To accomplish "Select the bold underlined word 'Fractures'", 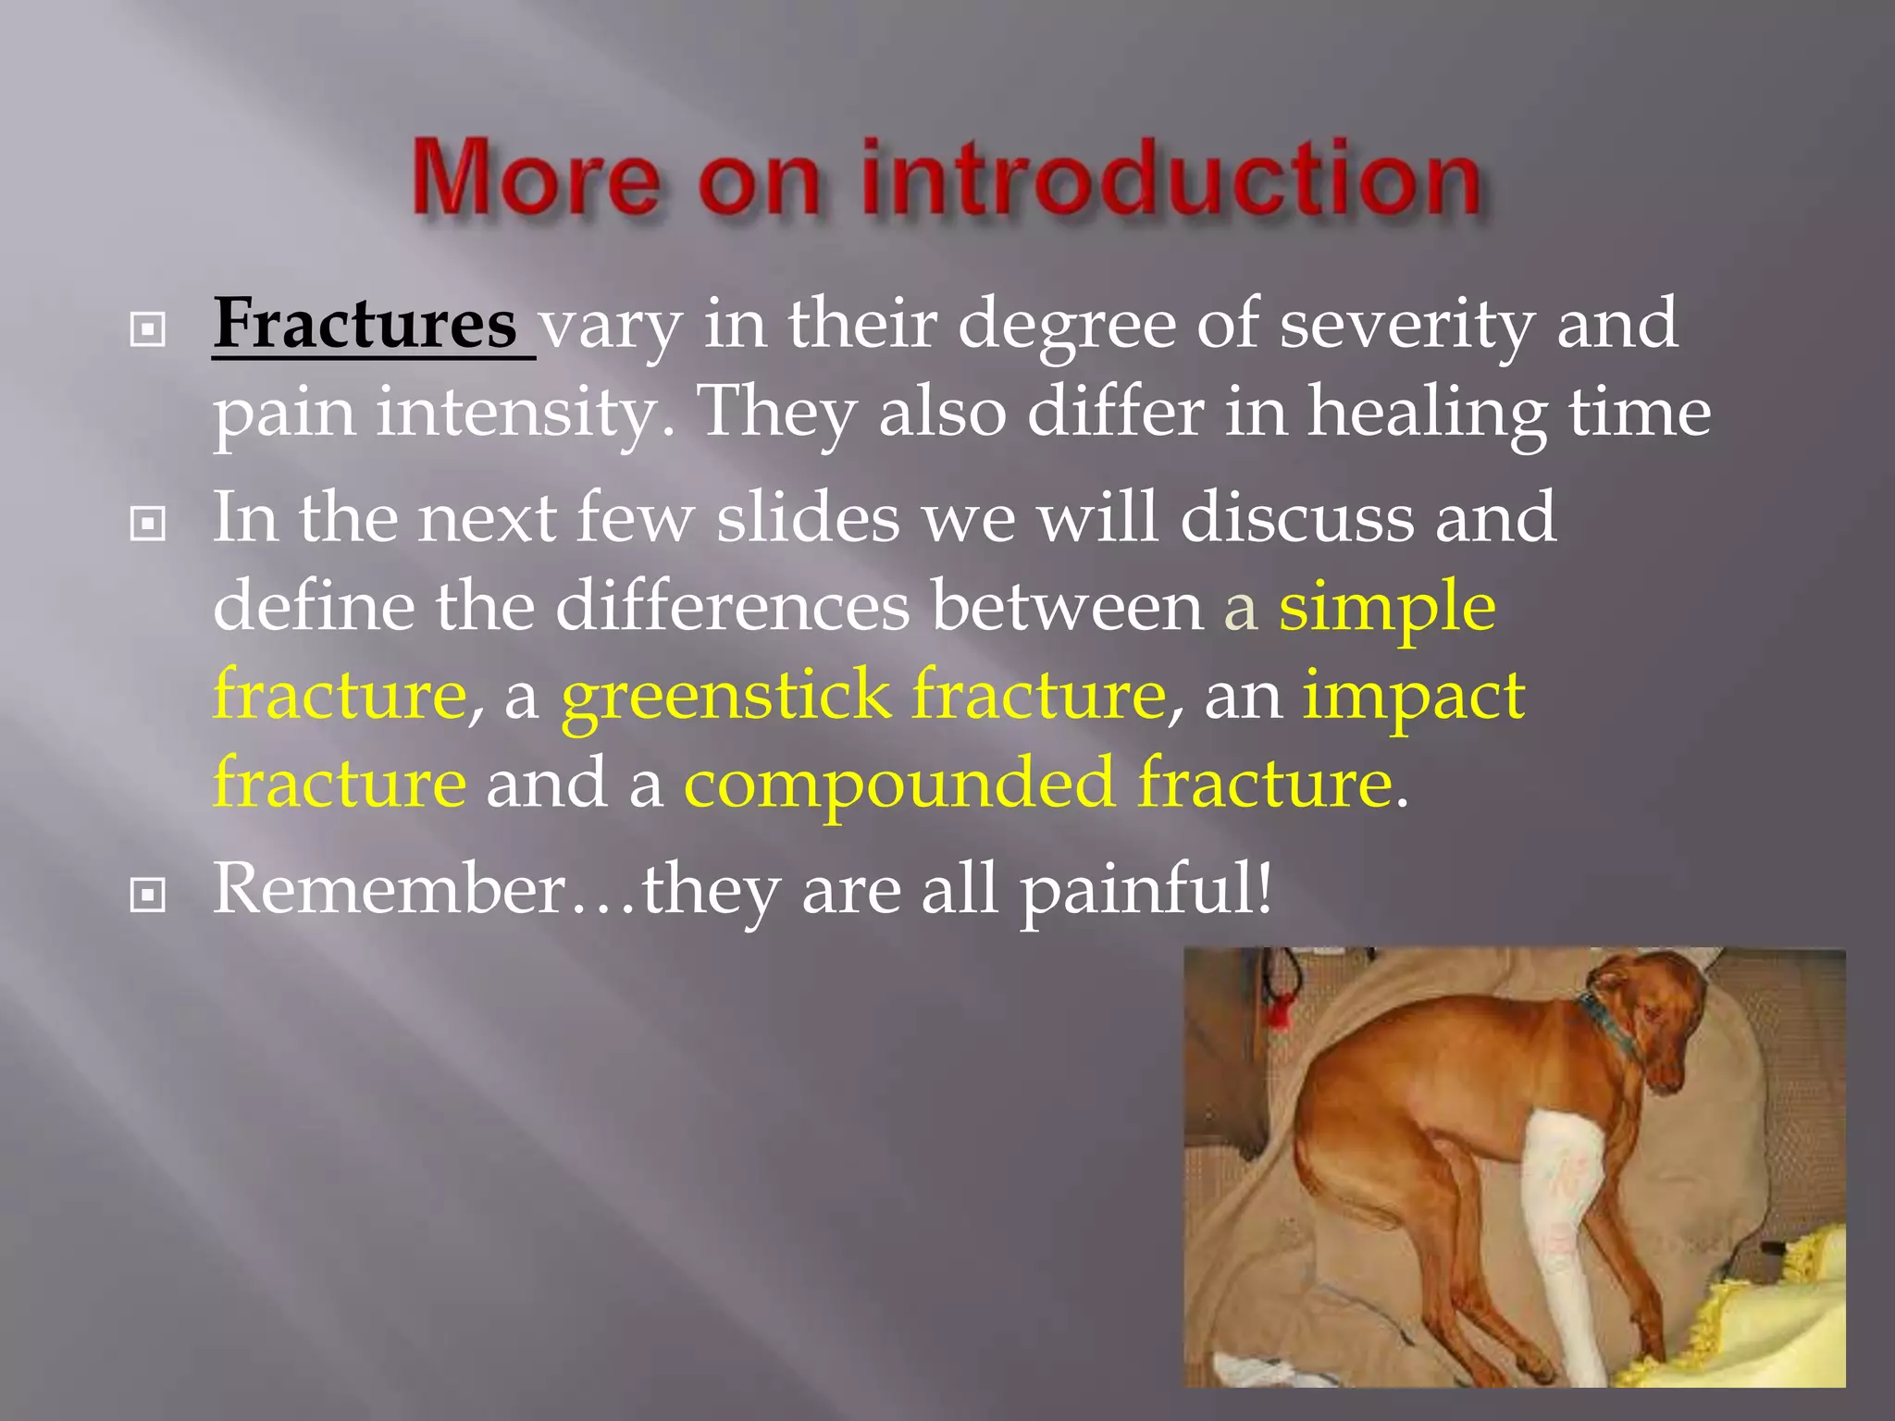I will point(365,324).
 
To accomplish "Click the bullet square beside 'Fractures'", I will point(148,328).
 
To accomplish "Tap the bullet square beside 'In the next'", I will point(148,525).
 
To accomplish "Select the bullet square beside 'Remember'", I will point(148,895).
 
